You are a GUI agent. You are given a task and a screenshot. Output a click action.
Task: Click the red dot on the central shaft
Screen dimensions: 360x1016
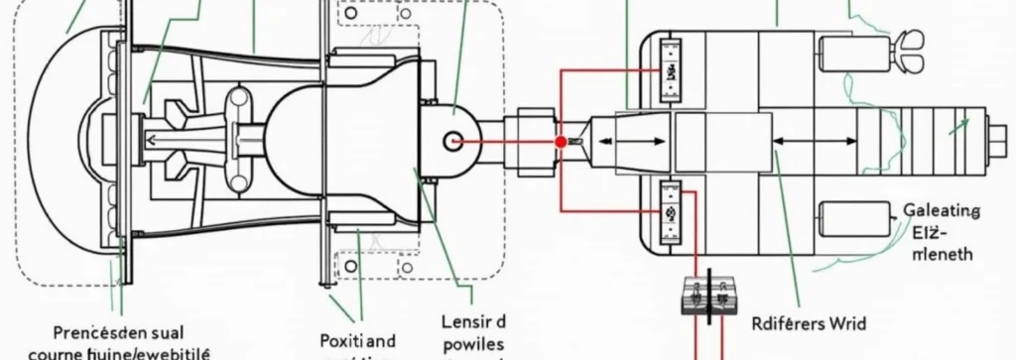(561, 143)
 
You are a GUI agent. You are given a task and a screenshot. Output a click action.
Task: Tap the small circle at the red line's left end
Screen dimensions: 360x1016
(455, 142)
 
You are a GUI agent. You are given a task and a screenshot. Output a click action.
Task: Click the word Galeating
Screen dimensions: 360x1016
(942, 211)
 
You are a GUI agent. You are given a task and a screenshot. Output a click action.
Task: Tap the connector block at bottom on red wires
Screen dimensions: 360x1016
(711, 294)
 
